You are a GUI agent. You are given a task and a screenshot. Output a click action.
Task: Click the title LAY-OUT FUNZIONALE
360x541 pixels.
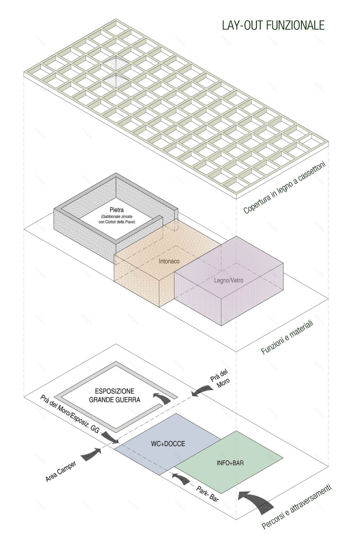tap(273, 25)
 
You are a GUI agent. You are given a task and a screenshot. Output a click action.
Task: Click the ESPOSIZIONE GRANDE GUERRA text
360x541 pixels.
tap(115, 395)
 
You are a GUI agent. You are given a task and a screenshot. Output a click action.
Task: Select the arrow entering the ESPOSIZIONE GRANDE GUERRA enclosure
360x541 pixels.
tap(162, 397)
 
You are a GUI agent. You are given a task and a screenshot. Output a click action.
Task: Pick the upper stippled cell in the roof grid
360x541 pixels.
tap(115, 63)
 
